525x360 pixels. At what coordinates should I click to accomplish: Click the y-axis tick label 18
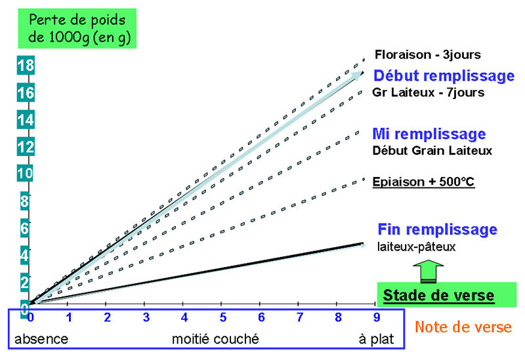pos(26,65)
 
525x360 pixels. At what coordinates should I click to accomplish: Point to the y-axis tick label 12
pos(26,146)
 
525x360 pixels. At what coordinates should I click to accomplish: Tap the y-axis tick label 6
pos(25,228)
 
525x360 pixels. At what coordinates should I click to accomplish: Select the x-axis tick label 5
pos(223,317)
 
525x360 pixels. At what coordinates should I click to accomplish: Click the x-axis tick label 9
pos(377,317)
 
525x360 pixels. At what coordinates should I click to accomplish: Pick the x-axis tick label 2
pos(108,317)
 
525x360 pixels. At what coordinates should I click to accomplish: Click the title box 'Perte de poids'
pos(77,28)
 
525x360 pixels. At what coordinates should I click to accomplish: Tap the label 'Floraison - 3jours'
pos(428,54)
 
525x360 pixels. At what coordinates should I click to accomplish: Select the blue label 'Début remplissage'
pos(444,76)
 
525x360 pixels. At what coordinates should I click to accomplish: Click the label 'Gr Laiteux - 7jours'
pos(429,92)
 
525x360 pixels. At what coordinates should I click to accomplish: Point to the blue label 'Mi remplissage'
pos(429,134)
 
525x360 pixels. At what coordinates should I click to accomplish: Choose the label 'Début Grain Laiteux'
pos(432,151)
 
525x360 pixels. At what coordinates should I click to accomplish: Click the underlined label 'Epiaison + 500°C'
pos(423,182)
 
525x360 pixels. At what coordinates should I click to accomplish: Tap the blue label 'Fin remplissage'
pos(437,230)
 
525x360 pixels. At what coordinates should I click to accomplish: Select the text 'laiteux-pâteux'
pos(416,247)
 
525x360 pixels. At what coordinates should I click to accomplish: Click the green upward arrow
pos(429,271)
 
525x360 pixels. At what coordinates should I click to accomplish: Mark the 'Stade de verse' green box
pos(447,294)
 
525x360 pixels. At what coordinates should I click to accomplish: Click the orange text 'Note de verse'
pos(463,327)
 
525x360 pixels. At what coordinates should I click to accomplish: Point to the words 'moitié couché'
pos(215,339)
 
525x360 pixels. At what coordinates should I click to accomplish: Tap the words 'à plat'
pos(376,340)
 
